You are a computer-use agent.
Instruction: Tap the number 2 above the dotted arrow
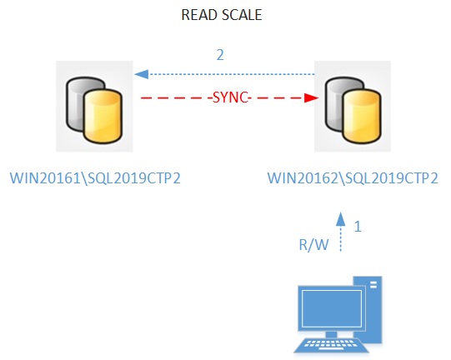point(220,55)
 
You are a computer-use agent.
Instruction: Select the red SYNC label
point(230,97)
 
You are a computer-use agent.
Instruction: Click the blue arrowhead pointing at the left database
point(142,74)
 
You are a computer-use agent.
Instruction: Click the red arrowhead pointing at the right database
point(311,97)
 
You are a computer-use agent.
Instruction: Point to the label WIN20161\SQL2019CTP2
point(95,178)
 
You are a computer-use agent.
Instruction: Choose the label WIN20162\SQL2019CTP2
point(353,178)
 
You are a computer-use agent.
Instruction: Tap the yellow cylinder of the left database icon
point(103,116)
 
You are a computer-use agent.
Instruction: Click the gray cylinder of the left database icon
point(75,103)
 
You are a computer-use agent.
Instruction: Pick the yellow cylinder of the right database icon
point(362,116)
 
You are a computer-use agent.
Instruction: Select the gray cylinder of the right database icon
point(334,103)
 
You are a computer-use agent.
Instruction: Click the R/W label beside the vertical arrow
point(313,245)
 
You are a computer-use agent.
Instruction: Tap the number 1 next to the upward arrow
point(358,227)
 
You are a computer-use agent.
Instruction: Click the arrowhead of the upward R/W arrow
point(341,219)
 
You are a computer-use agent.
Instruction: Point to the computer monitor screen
point(331,308)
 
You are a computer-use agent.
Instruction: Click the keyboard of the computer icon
point(331,346)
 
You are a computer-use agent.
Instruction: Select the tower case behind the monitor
point(371,309)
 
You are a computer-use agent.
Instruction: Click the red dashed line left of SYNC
point(176,98)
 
